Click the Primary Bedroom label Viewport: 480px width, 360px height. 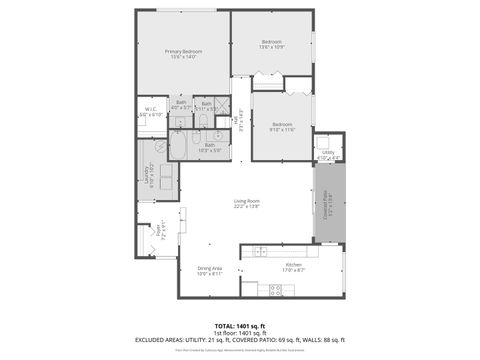tap(183, 54)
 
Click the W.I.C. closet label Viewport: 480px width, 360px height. tap(150, 112)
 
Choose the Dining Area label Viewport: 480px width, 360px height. tap(209, 270)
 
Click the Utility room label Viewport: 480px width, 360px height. tap(327, 154)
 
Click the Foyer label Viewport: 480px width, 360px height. tap(157, 235)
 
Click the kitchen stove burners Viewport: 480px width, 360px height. tap(277, 290)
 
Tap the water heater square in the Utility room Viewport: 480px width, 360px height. tap(326, 142)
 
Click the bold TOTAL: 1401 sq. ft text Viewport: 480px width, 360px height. tap(239, 326)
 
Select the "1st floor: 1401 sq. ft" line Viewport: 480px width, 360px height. tap(239, 333)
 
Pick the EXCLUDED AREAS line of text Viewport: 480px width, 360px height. tap(239, 341)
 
